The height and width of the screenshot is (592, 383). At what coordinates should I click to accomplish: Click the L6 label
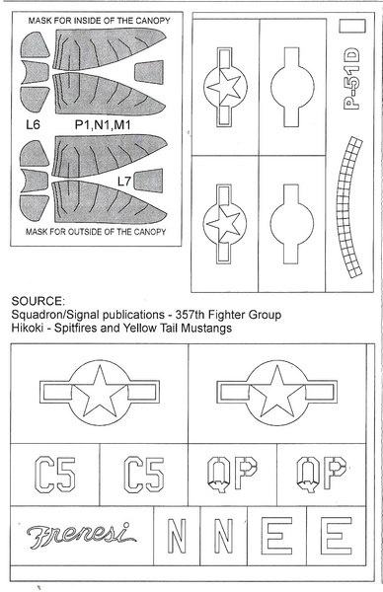[x=33, y=124]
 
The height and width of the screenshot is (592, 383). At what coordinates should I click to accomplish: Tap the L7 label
[x=124, y=182]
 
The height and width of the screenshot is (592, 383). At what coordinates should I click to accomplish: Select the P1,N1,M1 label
[x=103, y=124]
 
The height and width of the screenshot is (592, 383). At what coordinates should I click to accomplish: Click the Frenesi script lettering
[x=81, y=536]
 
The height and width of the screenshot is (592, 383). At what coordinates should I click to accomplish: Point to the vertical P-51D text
[x=350, y=79]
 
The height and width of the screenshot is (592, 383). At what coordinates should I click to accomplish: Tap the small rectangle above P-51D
[x=352, y=26]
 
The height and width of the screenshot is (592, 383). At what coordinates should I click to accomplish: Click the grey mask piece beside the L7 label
[x=149, y=181]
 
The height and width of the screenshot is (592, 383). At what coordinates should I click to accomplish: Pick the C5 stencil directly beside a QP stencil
[x=144, y=475]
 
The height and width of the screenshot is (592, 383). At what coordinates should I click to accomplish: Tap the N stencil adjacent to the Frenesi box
[x=177, y=536]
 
